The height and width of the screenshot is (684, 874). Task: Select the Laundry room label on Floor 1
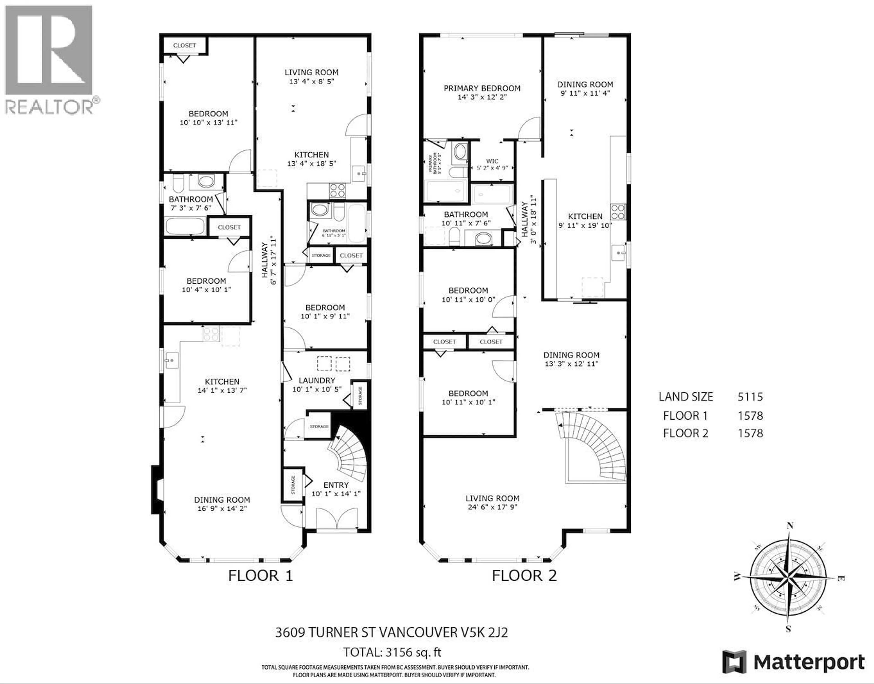click(x=317, y=380)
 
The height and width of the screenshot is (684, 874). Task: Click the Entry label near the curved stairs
click(x=336, y=485)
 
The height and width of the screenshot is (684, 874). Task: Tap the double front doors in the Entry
click(x=337, y=519)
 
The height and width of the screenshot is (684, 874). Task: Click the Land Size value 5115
click(x=750, y=397)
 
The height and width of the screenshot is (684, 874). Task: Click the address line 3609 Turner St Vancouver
click(x=391, y=632)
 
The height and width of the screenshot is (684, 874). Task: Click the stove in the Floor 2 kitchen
click(x=618, y=212)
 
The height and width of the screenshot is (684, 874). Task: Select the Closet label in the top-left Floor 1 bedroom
click(x=185, y=45)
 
